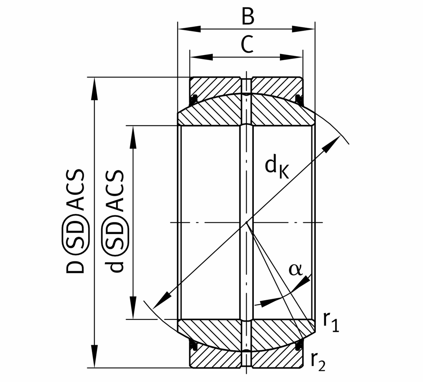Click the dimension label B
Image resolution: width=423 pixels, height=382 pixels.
248,16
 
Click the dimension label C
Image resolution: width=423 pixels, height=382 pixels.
247,45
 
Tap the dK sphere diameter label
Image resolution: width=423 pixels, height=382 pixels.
277,168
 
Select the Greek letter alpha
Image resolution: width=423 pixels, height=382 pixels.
295,269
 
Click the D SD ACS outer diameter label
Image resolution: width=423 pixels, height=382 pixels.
75,221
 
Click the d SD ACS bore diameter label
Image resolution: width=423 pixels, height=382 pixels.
116,221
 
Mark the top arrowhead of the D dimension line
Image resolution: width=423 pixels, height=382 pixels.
94,90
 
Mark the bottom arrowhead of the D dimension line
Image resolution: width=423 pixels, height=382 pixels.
94,355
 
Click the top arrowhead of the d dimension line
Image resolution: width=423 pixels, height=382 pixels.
133,138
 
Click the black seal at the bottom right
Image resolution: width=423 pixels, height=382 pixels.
299,345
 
